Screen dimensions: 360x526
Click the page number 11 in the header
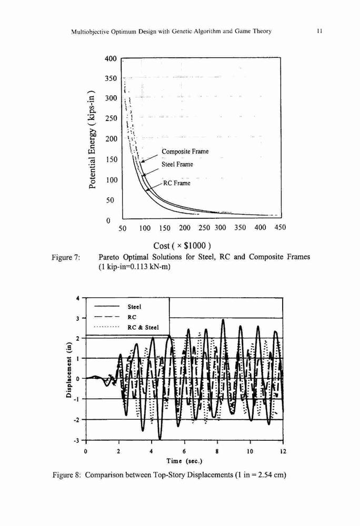point(319,31)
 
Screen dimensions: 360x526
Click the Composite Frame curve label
point(185,151)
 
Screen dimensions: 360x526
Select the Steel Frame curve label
point(177,164)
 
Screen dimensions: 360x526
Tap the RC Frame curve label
point(177,183)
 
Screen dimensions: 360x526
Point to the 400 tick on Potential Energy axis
point(111,59)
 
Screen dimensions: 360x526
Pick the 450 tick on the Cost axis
point(280,227)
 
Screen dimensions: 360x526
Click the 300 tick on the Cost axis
point(221,228)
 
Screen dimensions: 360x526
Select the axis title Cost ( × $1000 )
point(182,246)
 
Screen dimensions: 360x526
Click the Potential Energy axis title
point(93,140)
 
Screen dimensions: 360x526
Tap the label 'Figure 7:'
point(66,258)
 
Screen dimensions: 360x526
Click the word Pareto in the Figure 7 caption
point(109,257)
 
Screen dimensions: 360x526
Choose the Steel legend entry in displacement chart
point(135,307)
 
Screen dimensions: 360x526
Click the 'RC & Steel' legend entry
point(143,327)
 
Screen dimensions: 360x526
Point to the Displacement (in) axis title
point(69,371)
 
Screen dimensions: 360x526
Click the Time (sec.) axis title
point(185,461)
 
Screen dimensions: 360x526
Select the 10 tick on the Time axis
point(250,451)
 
